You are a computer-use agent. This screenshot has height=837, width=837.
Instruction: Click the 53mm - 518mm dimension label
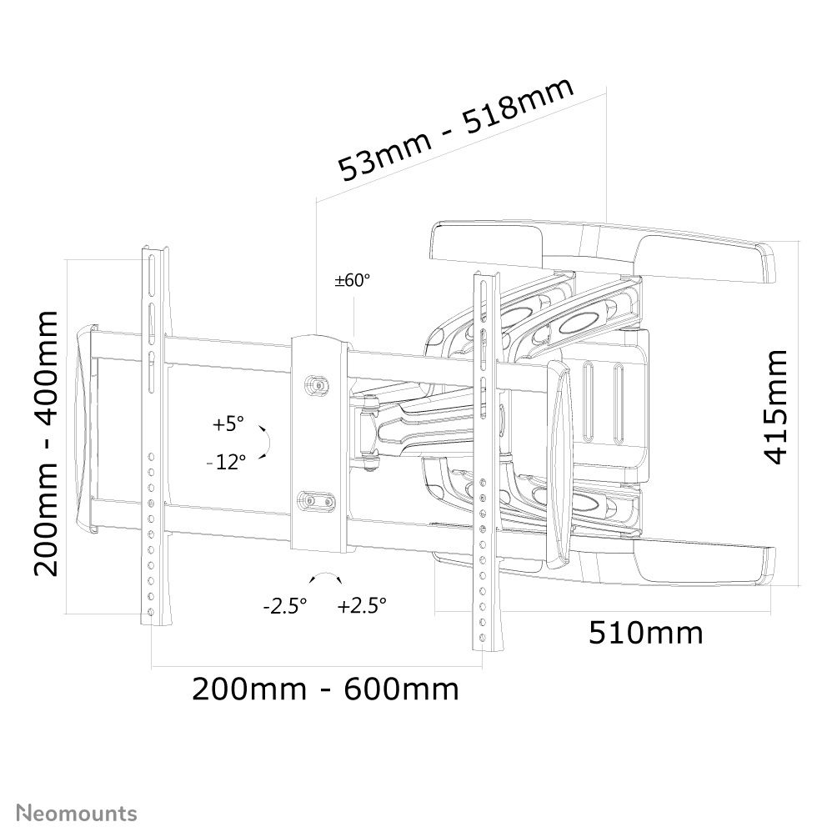pyautogui.click(x=456, y=128)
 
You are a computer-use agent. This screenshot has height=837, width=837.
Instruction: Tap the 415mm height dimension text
pyautogui.click(x=776, y=407)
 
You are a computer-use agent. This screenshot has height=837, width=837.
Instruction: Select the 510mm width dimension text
pyautogui.click(x=646, y=633)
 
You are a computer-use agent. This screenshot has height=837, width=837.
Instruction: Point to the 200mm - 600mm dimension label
pyautogui.click(x=325, y=689)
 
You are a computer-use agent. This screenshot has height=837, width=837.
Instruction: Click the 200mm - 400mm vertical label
pyautogui.click(x=45, y=444)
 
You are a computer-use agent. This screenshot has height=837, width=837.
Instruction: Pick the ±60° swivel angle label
pyautogui.click(x=352, y=280)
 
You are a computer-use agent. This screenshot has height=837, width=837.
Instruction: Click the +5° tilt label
pyautogui.click(x=228, y=424)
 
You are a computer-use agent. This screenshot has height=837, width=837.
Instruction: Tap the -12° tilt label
pyautogui.click(x=226, y=462)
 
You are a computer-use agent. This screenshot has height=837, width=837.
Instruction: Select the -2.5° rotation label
pyautogui.click(x=285, y=606)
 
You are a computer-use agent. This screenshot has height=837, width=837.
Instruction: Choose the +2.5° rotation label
pyautogui.click(x=362, y=606)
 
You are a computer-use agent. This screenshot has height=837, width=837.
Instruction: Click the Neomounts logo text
pyautogui.click(x=77, y=814)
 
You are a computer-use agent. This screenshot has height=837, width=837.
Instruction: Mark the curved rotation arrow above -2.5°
pyautogui.click(x=326, y=578)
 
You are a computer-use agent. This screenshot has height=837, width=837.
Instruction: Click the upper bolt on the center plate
pyautogui.click(x=318, y=385)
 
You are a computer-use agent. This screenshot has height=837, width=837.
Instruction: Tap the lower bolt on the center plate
pyautogui.click(x=316, y=501)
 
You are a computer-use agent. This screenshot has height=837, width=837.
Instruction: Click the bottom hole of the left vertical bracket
pyautogui.click(x=151, y=612)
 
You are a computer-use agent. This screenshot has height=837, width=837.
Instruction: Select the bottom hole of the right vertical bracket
pyautogui.click(x=483, y=638)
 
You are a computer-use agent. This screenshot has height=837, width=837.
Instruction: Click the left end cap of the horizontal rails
pyautogui.click(x=86, y=430)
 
